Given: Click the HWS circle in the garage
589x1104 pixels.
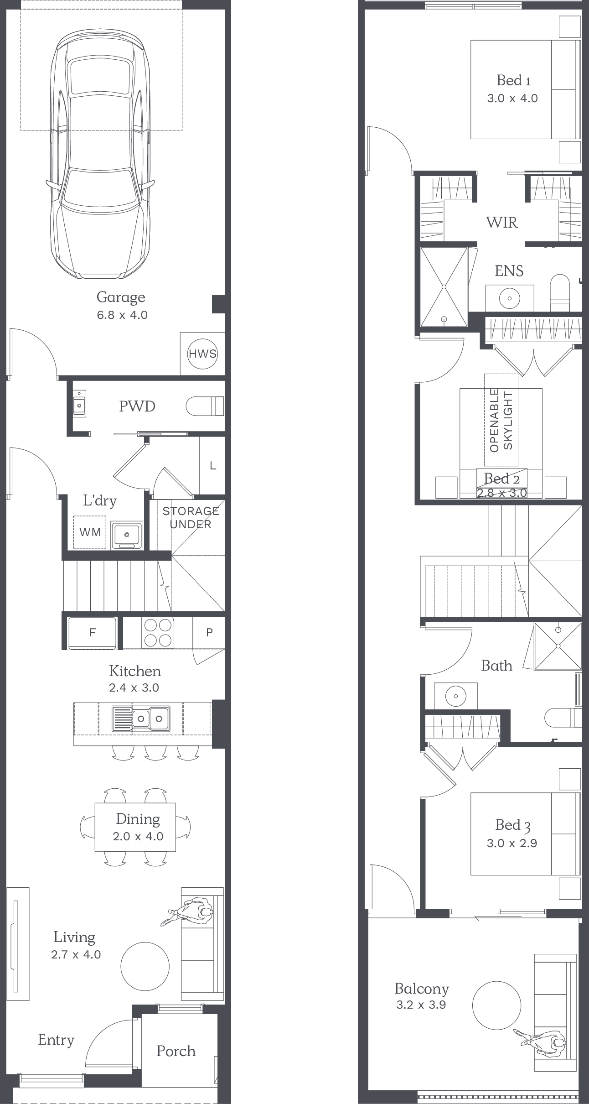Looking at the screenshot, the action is coord(202,354).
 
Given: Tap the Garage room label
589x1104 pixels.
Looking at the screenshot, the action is coord(121,297).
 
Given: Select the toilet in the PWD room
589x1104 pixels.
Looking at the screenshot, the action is coord(205,406).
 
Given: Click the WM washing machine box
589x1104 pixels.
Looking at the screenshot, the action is coord(90,532).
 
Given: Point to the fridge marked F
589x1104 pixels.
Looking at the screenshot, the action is coord(92,632).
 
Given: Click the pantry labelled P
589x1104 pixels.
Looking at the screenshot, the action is coord(209,632).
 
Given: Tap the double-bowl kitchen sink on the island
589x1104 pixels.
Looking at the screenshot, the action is coord(141,719).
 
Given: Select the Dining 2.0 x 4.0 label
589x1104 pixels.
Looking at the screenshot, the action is coord(138,827).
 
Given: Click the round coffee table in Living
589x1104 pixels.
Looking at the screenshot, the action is coord(145,966).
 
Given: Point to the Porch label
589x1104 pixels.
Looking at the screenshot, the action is coord(176,1051).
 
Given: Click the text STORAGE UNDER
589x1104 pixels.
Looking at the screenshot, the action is coord(191,518).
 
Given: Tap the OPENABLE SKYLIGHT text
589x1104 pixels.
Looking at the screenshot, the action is coord(501,420).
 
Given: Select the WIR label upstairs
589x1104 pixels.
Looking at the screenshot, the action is coord(502,223).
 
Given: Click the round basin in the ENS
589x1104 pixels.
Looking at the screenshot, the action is coord(510,299).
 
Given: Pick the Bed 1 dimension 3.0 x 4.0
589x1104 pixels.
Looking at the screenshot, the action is coord(512,99).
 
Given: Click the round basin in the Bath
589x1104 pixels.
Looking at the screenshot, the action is coord(455,697).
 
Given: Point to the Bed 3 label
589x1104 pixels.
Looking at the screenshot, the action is coord(513,825).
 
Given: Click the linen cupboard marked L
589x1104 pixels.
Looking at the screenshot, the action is coord(212,466).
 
